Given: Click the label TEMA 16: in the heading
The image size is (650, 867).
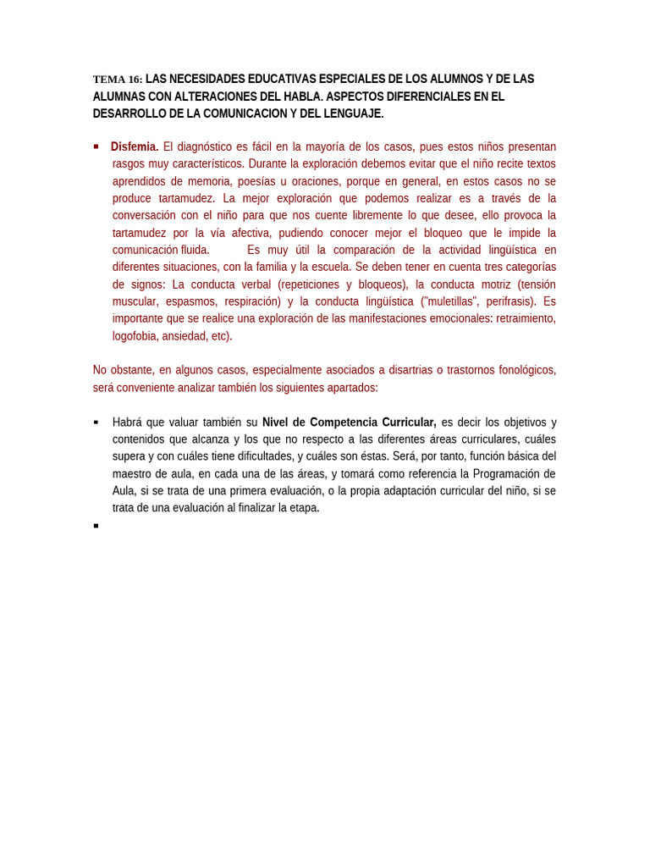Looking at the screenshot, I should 118,80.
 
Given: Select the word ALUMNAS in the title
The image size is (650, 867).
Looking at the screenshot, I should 118,97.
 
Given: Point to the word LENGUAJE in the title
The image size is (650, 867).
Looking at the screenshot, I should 351,113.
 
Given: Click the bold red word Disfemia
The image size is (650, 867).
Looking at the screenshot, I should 135,146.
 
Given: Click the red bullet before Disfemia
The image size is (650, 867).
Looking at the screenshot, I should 96,146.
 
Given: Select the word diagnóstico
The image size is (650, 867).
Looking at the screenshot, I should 203,146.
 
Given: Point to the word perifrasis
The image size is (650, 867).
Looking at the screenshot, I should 511,301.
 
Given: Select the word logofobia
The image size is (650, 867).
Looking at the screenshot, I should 135,336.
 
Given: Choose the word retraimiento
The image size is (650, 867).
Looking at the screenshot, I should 526,318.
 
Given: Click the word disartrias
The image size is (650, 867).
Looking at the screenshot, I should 410,370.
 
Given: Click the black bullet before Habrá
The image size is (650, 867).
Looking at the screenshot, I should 96,422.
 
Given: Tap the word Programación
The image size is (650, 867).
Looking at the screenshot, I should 514,474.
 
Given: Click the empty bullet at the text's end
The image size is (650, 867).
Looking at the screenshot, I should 96,526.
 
